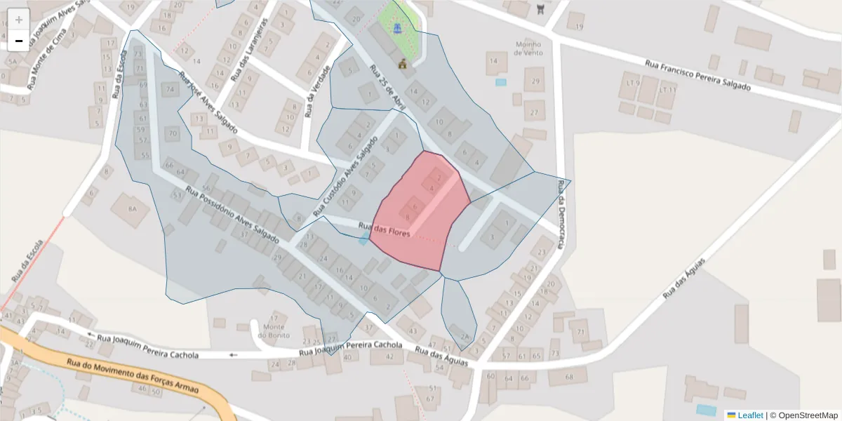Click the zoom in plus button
tap(19, 20)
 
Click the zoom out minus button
tap(19, 41)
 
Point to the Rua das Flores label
tap(384, 229)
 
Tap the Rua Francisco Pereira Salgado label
tap(697, 76)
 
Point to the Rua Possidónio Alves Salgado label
tap(232, 215)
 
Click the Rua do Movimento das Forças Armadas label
tap(133, 376)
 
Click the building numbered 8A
tap(133, 208)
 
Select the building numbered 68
tap(568, 377)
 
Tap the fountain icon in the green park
tap(397, 29)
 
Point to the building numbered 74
tap(169, 89)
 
